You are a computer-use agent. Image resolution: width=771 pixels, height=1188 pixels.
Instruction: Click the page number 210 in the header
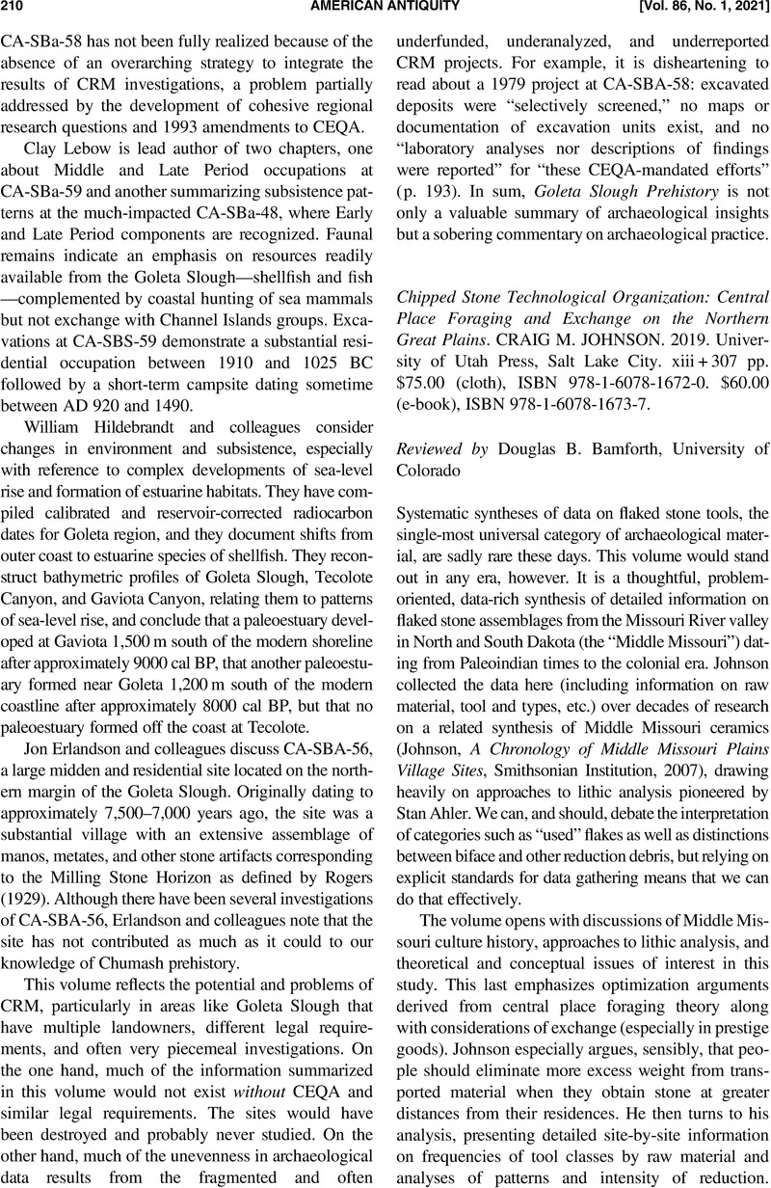point(16,10)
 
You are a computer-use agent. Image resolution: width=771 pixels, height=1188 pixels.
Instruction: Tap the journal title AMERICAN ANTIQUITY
point(385,10)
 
